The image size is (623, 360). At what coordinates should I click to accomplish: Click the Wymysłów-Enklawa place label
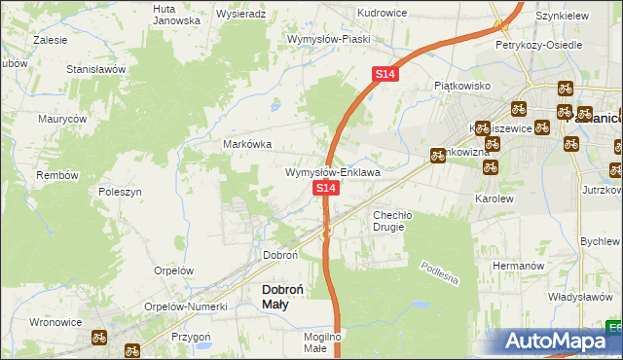coord(332,172)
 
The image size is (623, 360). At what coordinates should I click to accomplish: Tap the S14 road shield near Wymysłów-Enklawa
coord(325,186)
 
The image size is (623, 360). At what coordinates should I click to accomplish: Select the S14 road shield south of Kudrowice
coord(385,74)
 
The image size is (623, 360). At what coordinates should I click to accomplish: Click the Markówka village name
coord(247,143)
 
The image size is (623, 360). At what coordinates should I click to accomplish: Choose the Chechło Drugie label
coord(393,220)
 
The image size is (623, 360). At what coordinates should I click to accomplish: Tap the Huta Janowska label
coord(176,14)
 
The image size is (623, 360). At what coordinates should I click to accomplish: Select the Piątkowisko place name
coord(461,86)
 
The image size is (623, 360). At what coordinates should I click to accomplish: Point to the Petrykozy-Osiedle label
coord(538,45)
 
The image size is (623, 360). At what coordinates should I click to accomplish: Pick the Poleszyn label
coord(121,193)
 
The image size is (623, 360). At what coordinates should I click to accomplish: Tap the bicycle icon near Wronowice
coord(98,338)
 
